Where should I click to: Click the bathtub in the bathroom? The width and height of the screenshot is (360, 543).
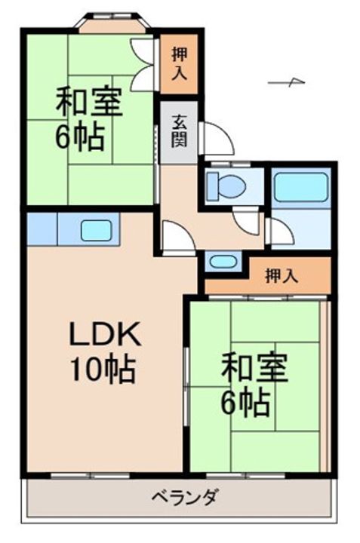coord(301,186)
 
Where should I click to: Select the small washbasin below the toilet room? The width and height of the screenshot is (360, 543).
coord(222,262)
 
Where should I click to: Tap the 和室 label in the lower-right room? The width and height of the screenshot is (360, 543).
coord(254,370)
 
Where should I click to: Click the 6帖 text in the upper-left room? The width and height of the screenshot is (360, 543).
coord(78,138)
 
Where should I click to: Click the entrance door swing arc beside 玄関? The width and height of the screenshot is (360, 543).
coord(217,139)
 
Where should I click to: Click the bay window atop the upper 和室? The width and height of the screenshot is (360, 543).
coord(114,23)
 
